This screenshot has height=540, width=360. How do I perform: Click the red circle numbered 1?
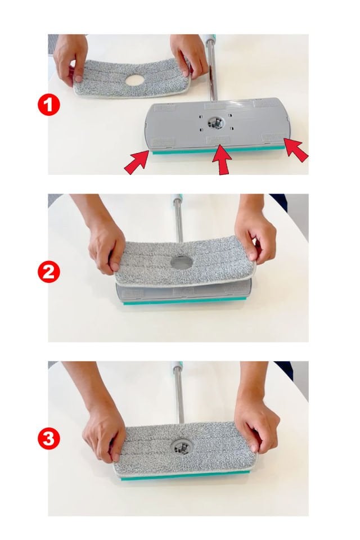click(48, 105)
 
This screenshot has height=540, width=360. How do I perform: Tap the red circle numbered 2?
click(48, 272)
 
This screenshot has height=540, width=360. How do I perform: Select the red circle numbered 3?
click(48, 438)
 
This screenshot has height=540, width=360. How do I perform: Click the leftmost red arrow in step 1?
click(137, 162)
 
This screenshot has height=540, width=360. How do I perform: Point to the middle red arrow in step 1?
click(221, 160)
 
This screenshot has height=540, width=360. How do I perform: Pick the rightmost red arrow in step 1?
click(295, 150)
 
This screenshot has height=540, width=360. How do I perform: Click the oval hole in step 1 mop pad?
click(134, 80)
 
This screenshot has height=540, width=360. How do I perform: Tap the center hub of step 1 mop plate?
click(216, 122)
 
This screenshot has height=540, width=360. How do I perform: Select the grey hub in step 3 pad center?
click(181, 447)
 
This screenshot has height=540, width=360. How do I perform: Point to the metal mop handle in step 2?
click(178, 218)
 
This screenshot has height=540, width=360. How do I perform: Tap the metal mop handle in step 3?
click(178, 393)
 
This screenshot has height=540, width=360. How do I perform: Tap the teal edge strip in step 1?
click(219, 150)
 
